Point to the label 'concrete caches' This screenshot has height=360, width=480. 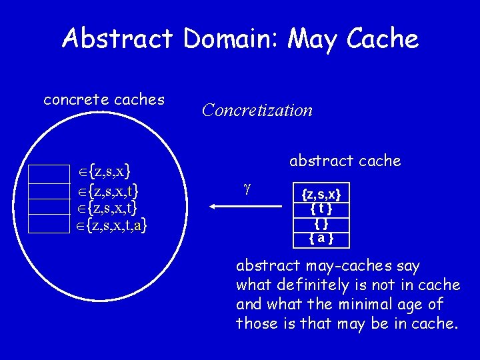pyautogui.click(x=104, y=100)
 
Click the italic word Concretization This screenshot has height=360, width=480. pyautogui.click(x=257, y=110)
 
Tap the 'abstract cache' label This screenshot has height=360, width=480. pyautogui.click(x=345, y=161)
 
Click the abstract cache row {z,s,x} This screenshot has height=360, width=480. pyautogui.click(x=321, y=195)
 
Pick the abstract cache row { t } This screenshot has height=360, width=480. pyautogui.click(x=321, y=209)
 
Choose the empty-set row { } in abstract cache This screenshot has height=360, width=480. pyautogui.click(x=321, y=223)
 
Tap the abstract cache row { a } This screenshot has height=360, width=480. pyautogui.click(x=321, y=237)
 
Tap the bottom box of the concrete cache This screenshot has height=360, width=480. pyautogui.click(x=49, y=224)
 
